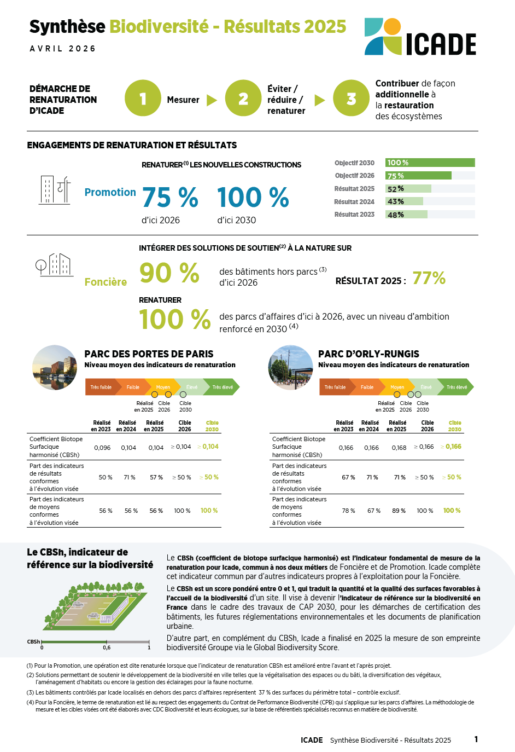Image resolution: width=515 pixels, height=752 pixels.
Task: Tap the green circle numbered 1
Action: (143, 99)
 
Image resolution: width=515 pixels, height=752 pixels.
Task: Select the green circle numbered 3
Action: (351, 99)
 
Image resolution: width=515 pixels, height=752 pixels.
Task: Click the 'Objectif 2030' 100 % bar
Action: (430, 163)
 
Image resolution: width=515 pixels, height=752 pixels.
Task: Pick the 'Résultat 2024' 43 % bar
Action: (404, 201)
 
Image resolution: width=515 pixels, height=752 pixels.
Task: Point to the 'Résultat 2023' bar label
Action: (354, 215)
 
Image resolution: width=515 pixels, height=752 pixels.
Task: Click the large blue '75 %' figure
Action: (170, 198)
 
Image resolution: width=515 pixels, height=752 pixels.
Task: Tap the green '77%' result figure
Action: (429, 279)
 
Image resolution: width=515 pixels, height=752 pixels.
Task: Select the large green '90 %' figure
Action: (169, 273)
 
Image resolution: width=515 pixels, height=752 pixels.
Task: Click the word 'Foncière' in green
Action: (106, 282)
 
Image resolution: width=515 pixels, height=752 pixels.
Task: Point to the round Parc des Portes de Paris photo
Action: (55, 367)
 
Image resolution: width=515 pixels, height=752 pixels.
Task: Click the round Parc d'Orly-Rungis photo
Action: (290, 367)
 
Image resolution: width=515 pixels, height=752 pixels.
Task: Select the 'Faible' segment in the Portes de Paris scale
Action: (133, 387)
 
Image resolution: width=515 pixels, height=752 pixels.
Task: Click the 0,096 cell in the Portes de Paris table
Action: (102, 448)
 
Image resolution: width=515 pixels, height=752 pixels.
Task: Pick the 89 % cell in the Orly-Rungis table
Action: (399, 511)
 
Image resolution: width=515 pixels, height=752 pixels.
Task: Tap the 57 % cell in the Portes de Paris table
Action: (156, 477)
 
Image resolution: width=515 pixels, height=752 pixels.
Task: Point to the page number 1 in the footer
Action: (476, 739)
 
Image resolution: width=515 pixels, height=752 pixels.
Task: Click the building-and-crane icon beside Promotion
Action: (55, 190)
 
